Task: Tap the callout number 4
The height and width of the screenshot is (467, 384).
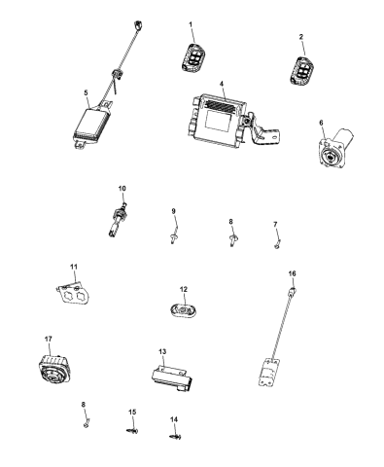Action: tap(222, 86)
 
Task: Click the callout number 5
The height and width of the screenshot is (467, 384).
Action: tap(87, 93)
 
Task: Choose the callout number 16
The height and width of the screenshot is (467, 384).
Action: tap(292, 274)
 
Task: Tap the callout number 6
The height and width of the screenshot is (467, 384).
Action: tap(322, 123)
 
